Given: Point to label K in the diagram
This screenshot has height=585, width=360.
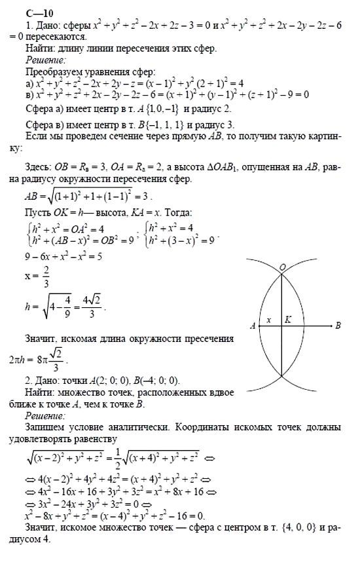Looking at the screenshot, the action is click(288, 320).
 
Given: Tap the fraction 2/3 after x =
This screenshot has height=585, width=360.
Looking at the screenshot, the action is click(46, 277).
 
